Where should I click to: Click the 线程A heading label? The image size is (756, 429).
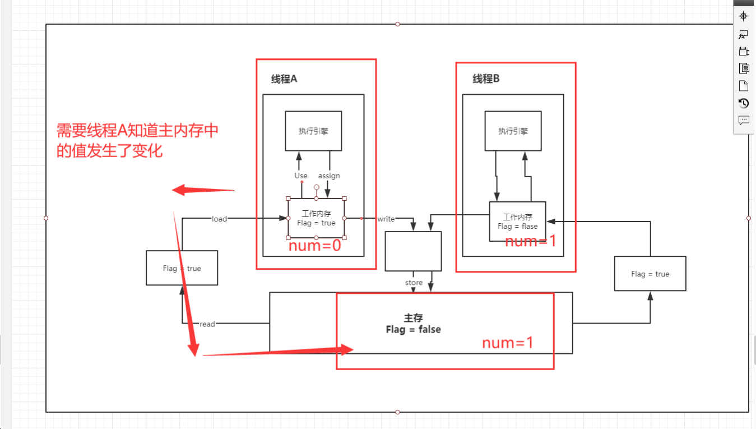tap(284, 79)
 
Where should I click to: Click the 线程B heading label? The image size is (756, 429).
tap(486, 79)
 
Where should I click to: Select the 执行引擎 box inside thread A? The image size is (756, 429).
tap(313, 131)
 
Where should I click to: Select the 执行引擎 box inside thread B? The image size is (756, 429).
tap(513, 131)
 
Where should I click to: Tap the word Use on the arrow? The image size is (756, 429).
tap(301, 176)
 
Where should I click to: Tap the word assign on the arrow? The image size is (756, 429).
tap(329, 176)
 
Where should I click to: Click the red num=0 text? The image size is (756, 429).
tap(314, 246)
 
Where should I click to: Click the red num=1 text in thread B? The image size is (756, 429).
tap(531, 242)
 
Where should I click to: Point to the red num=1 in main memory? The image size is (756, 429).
tap(508, 343)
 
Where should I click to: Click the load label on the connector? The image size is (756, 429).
tap(219, 219)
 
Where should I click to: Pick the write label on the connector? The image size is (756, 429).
tap(386, 219)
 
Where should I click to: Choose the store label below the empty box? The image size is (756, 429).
tap(414, 283)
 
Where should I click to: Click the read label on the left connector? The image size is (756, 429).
tap(207, 324)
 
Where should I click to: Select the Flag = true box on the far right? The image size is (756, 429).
tap(650, 274)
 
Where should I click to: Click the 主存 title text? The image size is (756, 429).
tap(413, 318)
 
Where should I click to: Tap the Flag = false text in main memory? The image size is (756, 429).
tap(413, 330)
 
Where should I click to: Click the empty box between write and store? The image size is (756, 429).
tap(413, 251)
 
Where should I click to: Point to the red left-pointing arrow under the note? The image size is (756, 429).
tap(202, 191)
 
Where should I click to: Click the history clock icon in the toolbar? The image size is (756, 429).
tap(744, 103)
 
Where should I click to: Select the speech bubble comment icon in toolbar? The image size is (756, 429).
tap(744, 120)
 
